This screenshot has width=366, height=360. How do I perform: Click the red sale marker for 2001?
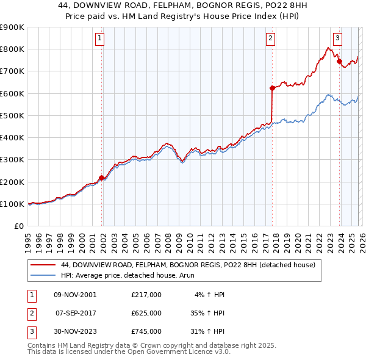pos(102,178)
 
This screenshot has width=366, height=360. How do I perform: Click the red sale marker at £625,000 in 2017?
pos(272,88)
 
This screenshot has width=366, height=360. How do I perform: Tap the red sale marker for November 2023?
pos(339,61)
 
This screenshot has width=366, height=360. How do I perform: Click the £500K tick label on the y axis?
pos(12,115)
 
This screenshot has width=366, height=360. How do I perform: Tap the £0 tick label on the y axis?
pos(20,226)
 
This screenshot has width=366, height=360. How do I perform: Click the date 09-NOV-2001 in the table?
pos(75,295)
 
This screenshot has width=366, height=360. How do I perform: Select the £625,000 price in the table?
pos(146,312)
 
